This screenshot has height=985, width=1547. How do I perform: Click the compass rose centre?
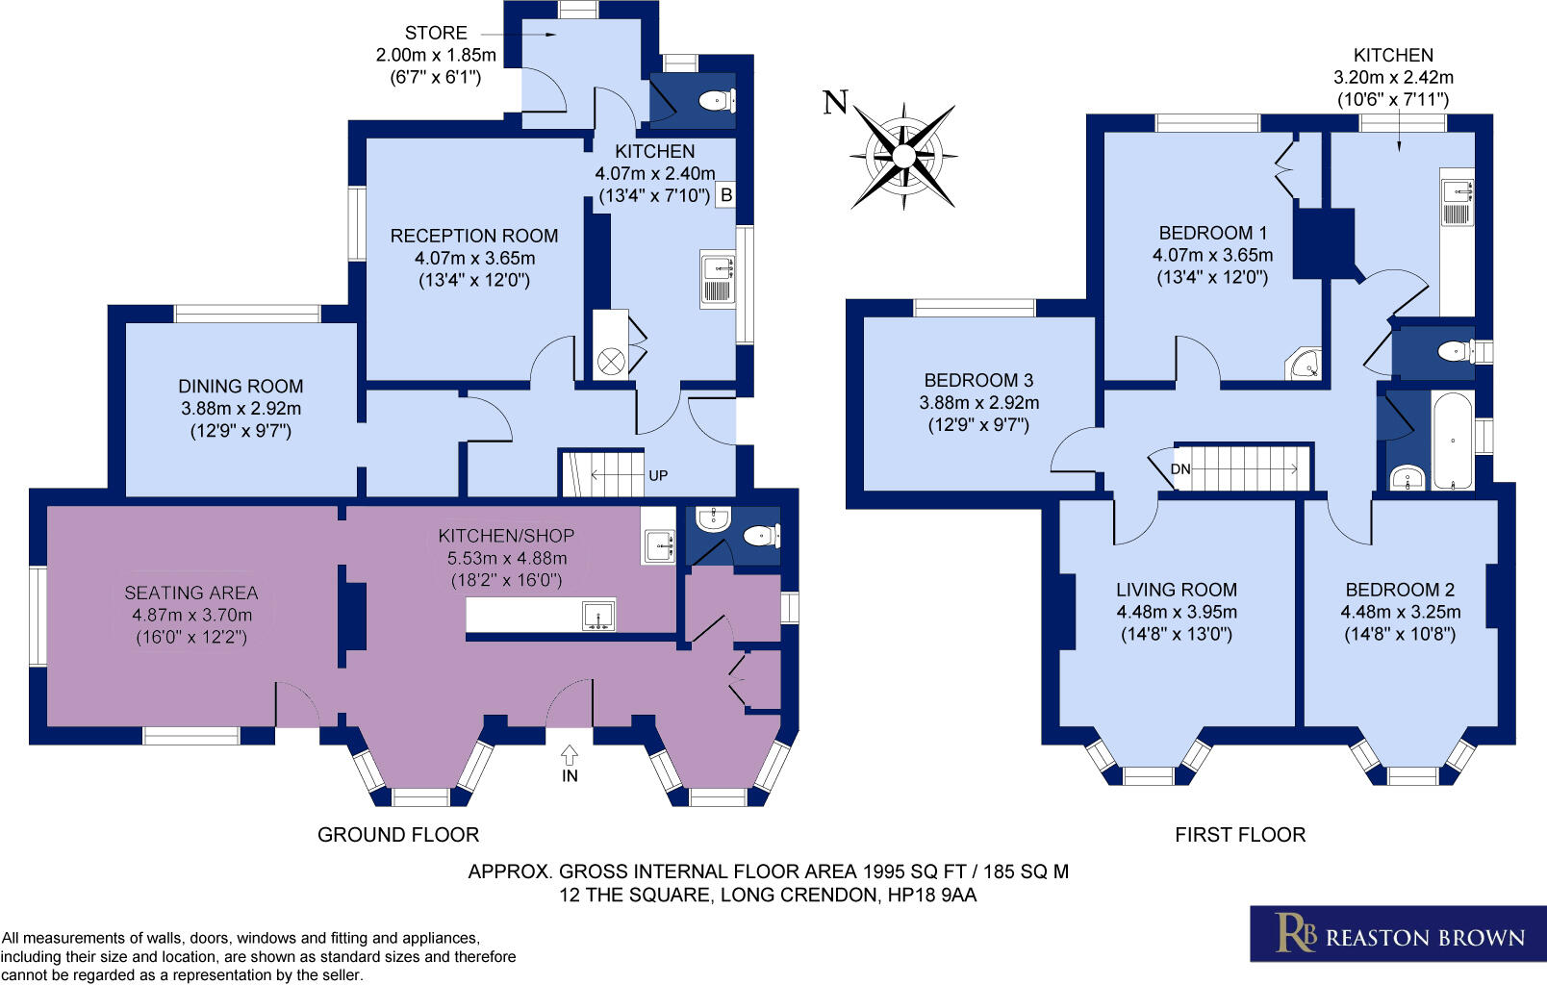903,156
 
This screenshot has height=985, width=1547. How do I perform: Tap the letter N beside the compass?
835,102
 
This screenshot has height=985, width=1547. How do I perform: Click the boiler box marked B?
726,195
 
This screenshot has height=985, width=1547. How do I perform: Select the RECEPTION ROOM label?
473,236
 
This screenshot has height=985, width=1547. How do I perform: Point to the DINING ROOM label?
241,386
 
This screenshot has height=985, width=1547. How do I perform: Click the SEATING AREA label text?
190,593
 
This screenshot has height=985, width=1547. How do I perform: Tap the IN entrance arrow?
570,757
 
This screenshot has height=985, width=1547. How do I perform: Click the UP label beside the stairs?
658,475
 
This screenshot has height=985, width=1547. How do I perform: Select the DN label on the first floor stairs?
1180,469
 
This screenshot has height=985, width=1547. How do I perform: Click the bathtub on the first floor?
1452,441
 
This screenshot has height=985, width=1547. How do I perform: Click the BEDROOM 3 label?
978,380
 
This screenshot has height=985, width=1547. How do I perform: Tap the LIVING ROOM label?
1176,590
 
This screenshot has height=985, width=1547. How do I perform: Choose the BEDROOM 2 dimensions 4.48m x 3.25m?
1400,612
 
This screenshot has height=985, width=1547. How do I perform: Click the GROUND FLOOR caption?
398,835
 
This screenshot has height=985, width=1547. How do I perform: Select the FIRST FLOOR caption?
1239,835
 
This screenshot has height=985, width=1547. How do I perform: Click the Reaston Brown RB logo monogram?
1295,933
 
